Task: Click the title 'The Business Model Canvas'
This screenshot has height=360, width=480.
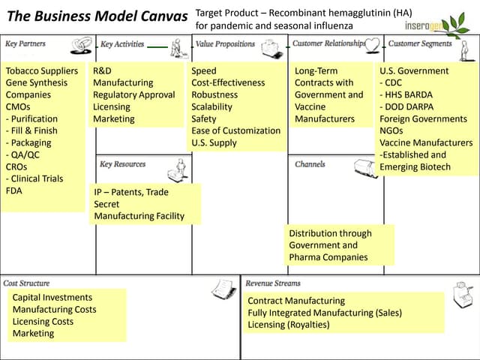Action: click(97, 16)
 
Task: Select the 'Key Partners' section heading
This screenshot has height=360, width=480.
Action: click(25, 43)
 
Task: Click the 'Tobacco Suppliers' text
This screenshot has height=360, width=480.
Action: click(42, 71)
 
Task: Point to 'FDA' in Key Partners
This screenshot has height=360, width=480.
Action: click(14, 190)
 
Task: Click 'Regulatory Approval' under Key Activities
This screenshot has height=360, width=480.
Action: click(133, 95)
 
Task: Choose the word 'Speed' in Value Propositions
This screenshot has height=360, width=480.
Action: click(204, 71)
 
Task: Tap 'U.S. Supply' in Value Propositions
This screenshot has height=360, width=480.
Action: click(214, 142)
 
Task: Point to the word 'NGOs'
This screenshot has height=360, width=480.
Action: click(394, 131)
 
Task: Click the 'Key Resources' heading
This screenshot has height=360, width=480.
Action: click(122, 164)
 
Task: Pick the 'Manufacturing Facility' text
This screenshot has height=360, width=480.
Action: click(139, 216)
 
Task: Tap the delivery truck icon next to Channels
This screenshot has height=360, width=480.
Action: click(365, 167)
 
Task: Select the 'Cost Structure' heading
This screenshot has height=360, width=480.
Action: click(27, 283)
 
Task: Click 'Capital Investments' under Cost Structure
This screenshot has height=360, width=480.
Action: click(52, 298)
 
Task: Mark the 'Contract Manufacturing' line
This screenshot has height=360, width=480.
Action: click(296, 301)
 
